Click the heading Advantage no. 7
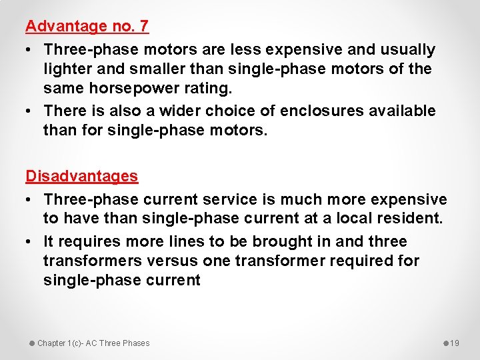(87, 27)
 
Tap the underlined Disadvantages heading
(81, 176)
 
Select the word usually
(406, 49)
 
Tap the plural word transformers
(93, 261)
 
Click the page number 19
(455, 343)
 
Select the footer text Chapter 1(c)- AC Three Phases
(93, 343)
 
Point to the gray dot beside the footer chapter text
(31, 343)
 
